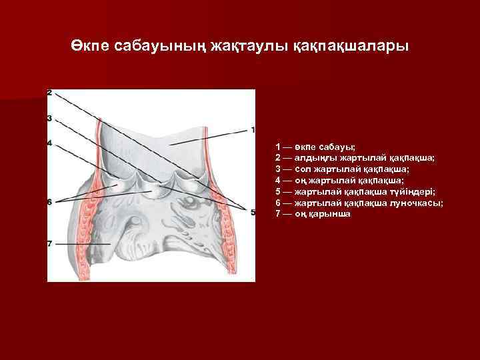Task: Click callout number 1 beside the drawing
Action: pyautogui.click(x=253, y=129)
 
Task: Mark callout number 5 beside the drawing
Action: pyautogui.click(x=253, y=212)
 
